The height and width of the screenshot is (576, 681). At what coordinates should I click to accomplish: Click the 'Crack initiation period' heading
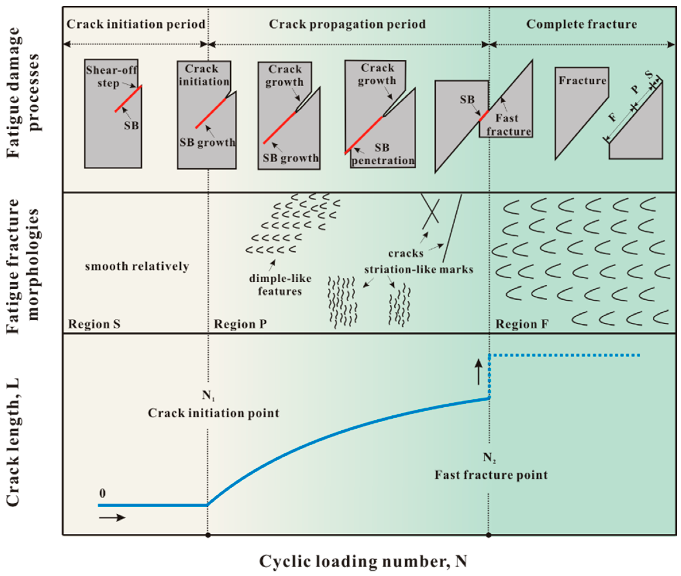pos(136,24)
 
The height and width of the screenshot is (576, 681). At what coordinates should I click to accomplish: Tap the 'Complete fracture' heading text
pos(581,24)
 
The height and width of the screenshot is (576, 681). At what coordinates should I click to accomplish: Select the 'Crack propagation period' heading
pos(347,24)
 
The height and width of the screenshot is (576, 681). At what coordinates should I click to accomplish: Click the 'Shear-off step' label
pos(111,76)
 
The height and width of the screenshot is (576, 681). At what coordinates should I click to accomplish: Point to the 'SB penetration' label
pos(382,154)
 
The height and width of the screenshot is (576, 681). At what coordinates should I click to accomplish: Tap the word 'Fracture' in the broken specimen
pos(583,81)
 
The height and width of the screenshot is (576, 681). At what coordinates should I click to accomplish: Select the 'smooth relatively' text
pos(137,266)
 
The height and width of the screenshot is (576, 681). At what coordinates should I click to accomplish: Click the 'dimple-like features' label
pos(280,285)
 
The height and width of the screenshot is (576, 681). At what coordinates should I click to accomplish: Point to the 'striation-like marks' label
pos(419,270)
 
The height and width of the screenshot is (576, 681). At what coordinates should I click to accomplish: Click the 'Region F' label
pos(522,324)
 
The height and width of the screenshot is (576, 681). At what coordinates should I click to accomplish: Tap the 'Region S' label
pos(94,324)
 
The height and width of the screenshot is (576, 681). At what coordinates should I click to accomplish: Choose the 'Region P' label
pos(240,324)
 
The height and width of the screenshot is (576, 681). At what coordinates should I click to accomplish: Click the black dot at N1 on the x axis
pos(208,535)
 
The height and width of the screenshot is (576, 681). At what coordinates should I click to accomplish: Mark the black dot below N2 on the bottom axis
pos(488,535)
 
